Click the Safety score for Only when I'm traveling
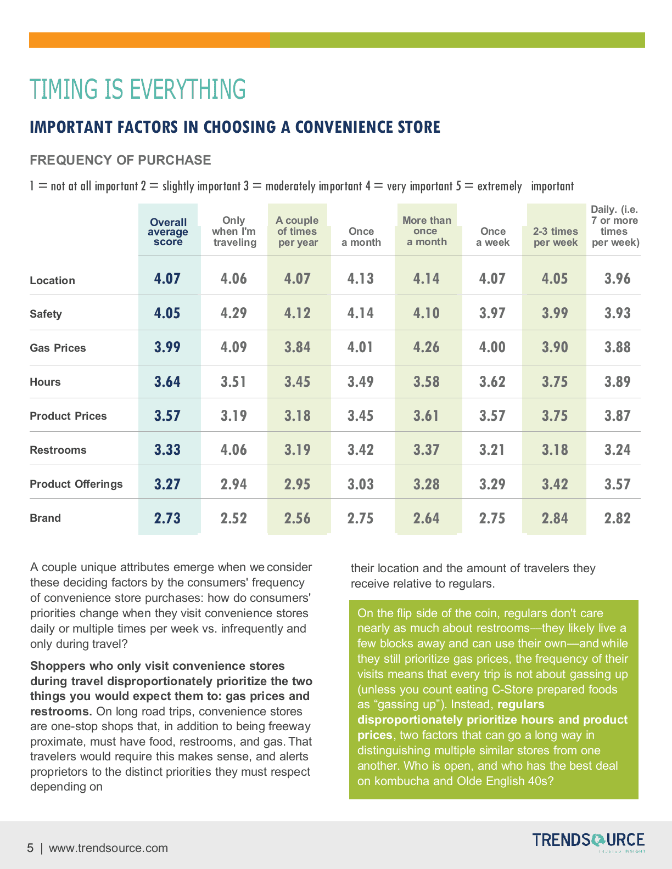[x=233, y=313]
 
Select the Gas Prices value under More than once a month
[x=426, y=347]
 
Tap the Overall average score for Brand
[x=167, y=518]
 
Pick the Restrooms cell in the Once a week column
[x=492, y=450]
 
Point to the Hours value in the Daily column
[x=617, y=382]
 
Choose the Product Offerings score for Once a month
[x=360, y=484]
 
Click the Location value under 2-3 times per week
[x=555, y=279]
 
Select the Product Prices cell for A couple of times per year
[x=297, y=416]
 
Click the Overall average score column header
[x=168, y=232]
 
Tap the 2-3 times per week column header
[x=555, y=236]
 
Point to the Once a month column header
[x=361, y=236]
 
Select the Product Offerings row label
[x=76, y=484]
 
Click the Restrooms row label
[x=58, y=450]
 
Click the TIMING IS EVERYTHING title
[x=138, y=89]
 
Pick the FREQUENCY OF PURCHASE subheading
[x=120, y=160]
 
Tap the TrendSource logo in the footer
[x=588, y=841]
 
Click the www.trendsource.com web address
[x=108, y=848]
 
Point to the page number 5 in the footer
[x=30, y=848]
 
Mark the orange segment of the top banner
[x=149, y=40]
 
